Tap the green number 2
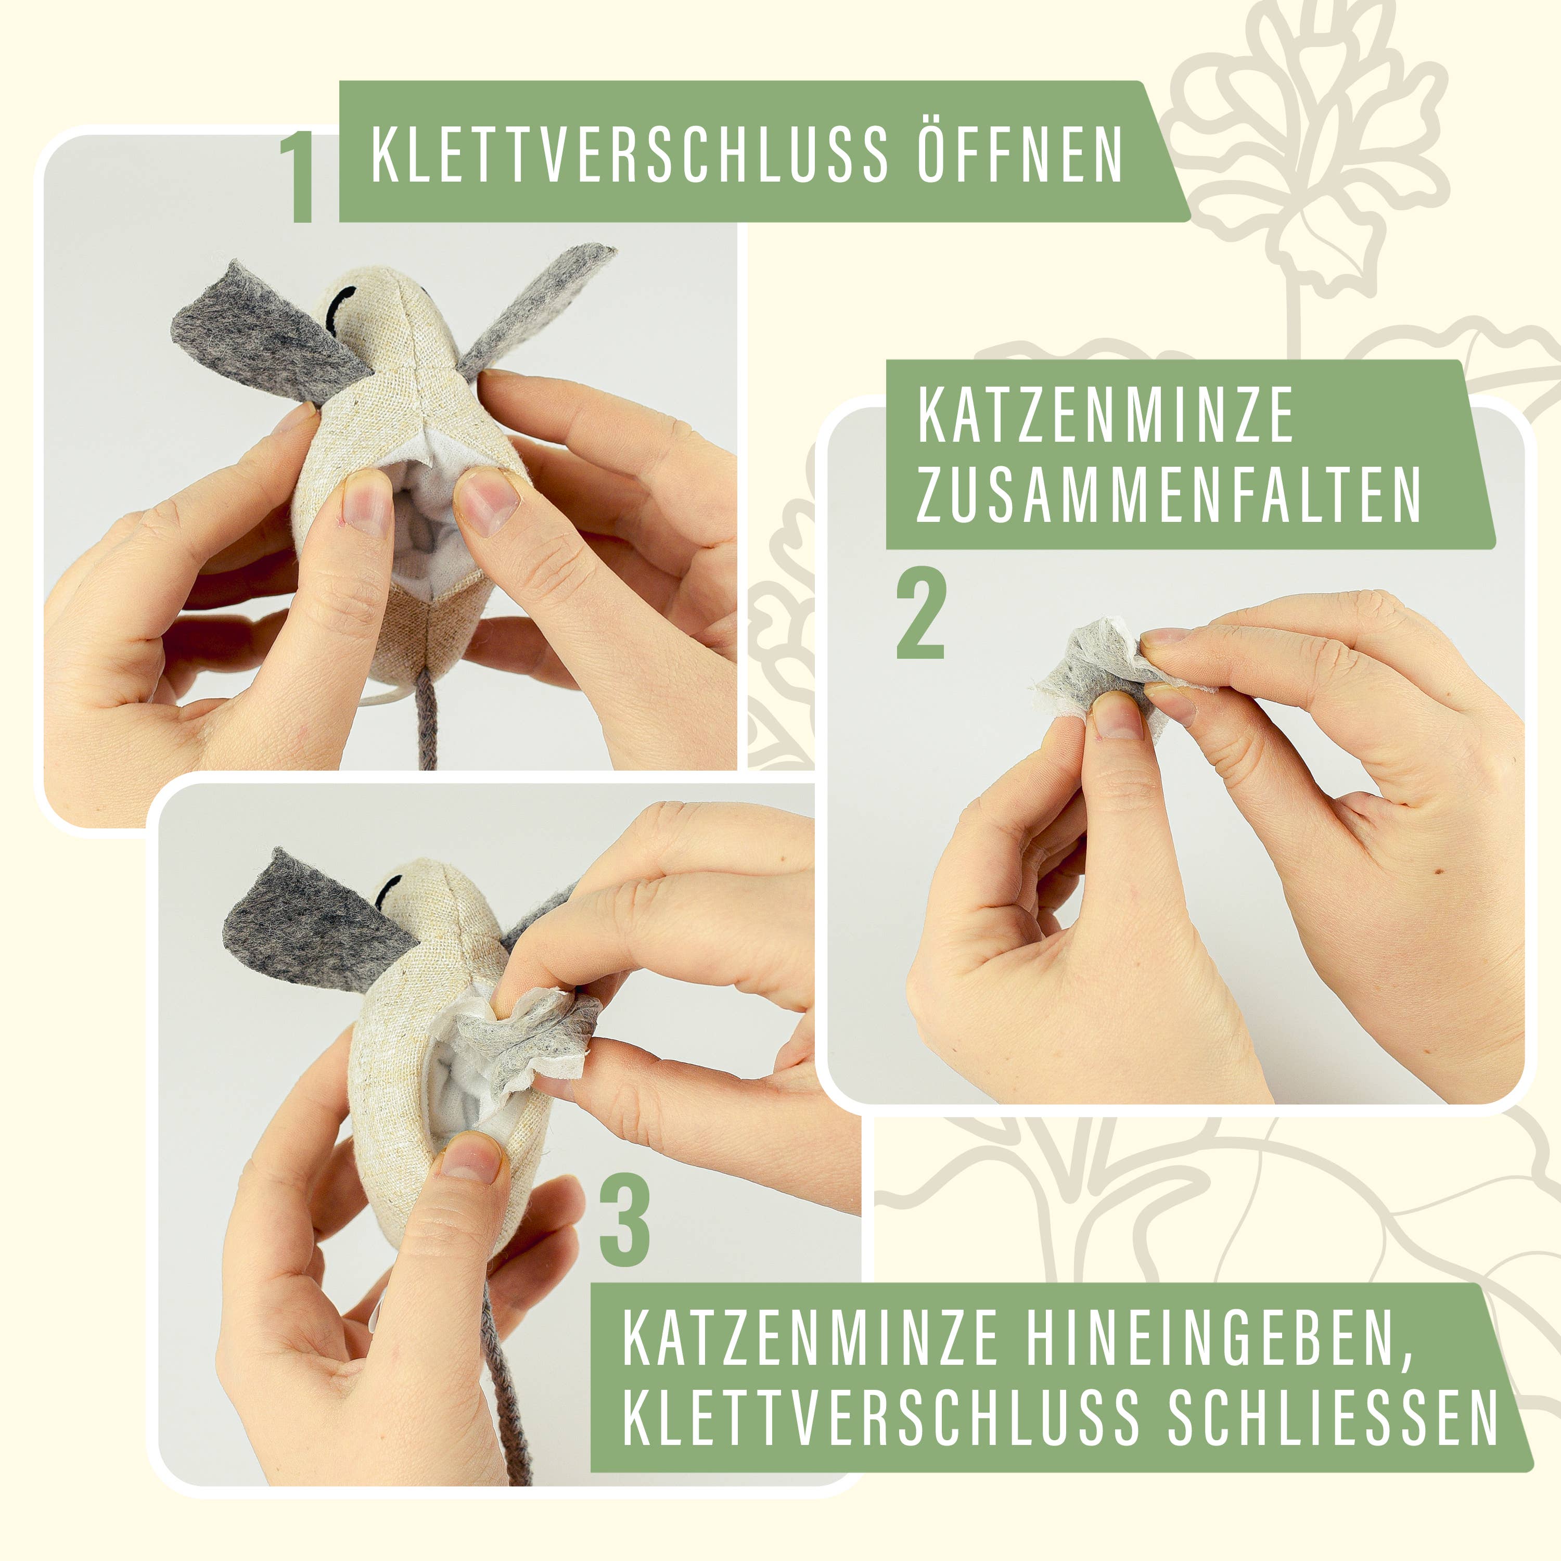pos(920,616)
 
